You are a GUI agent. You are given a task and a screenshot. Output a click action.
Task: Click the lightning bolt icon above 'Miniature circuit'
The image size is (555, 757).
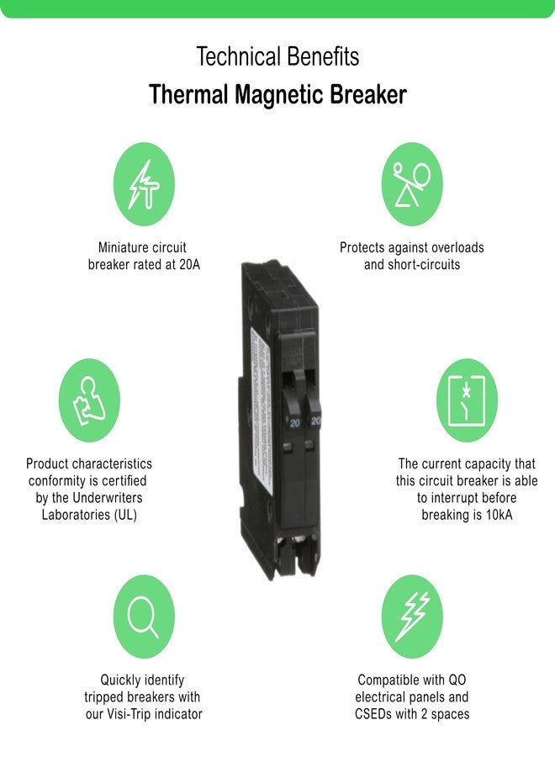point(144,184)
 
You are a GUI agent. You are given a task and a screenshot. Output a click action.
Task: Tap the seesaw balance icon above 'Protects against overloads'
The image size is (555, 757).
point(411,184)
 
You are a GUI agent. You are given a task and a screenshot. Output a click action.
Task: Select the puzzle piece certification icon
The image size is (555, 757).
point(89,400)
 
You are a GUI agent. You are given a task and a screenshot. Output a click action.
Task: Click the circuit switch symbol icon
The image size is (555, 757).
point(467,400)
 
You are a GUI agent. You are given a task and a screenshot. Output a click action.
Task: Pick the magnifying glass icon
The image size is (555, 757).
point(144,617)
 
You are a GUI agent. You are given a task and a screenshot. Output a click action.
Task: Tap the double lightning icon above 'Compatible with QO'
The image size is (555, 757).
point(411,617)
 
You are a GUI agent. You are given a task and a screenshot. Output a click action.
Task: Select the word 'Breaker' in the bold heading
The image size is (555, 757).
point(366,95)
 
